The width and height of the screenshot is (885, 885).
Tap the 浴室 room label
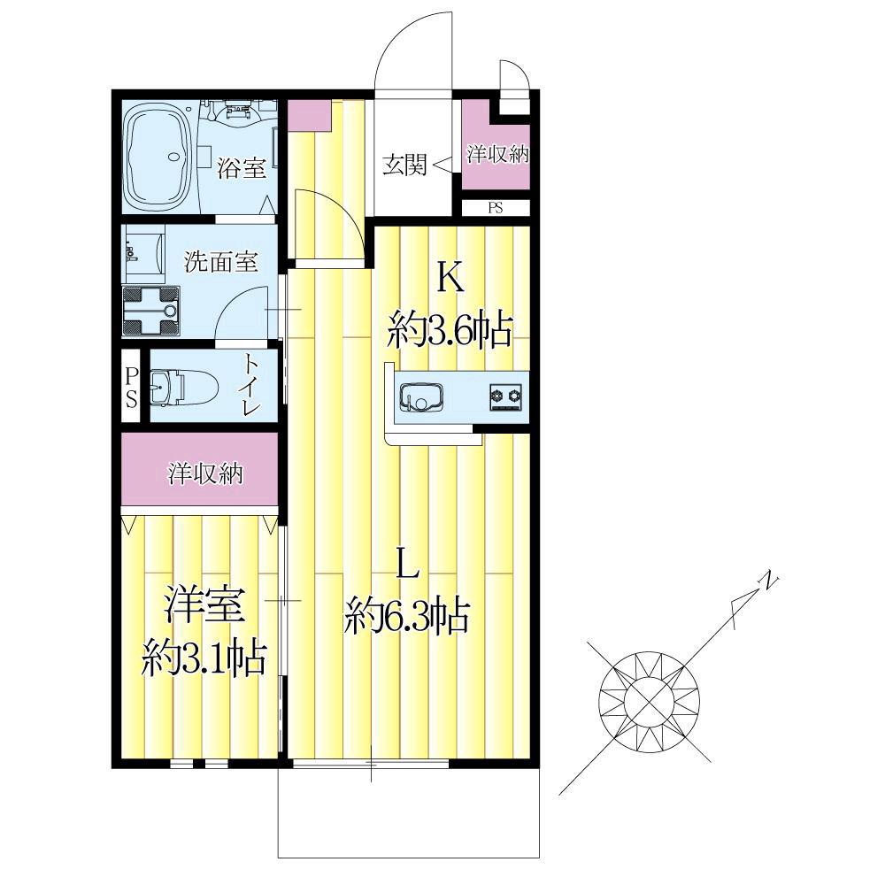(242, 167)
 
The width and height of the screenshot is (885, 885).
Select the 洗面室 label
(221, 261)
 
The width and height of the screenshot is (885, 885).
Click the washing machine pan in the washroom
(151, 311)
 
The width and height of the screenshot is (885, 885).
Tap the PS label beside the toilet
(132, 387)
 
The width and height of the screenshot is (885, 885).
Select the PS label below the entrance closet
(495, 208)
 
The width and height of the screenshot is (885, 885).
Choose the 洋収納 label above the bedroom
(205, 473)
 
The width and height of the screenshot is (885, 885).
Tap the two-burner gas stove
(505, 395)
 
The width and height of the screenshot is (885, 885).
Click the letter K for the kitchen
(451, 278)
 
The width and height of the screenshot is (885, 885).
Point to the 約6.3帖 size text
(407, 616)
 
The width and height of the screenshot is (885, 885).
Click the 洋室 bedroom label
(204, 604)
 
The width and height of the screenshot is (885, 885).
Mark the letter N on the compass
(768, 581)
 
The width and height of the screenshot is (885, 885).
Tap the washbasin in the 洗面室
(143, 253)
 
